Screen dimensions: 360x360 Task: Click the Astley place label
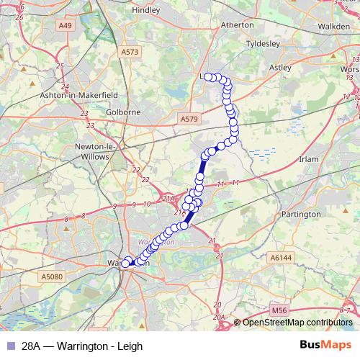click(279, 67)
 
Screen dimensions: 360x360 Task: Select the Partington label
click(302, 214)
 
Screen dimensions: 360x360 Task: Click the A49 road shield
click(67, 26)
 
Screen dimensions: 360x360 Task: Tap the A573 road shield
click(130, 53)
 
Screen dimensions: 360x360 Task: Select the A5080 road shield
click(53, 276)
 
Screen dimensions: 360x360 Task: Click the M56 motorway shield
click(279, 310)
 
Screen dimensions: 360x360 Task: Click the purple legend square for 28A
click(9, 346)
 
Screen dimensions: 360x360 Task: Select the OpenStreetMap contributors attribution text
click(297, 323)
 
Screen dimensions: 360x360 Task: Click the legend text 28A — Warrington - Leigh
click(82, 346)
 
